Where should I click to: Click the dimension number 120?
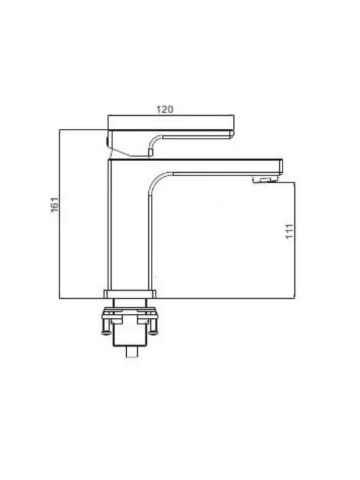pos(165,109)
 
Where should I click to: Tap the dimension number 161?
pos(54,204)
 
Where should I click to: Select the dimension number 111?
pos(289,231)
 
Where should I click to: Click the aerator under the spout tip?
pos(264,180)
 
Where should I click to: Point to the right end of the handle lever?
pos(232,134)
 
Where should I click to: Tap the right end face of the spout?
pos(280,167)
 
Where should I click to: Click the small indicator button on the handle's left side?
pos(107,141)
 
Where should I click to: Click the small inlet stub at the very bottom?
pos(132,352)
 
